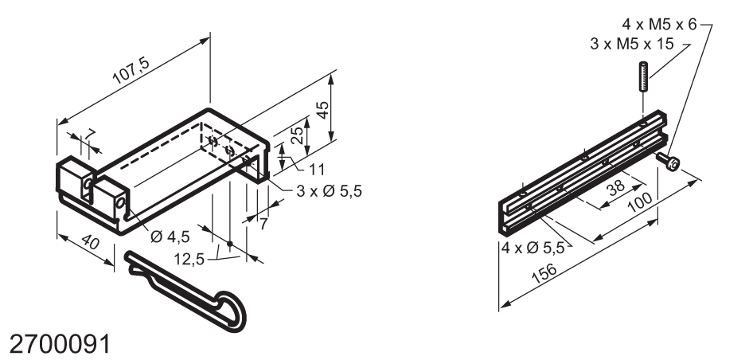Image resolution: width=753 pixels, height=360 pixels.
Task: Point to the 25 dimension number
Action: click(295, 135)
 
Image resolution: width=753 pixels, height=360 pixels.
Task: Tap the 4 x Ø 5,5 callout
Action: click(533, 248)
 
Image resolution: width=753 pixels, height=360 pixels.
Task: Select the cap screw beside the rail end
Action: click(671, 163)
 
